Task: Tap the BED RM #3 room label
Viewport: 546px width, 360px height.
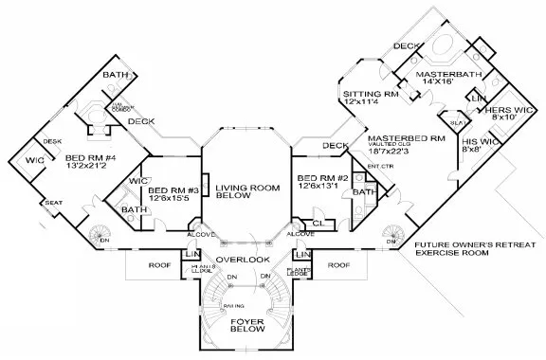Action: (173, 189)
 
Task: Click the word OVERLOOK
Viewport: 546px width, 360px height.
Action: (242, 259)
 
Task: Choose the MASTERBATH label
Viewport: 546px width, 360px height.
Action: (433, 74)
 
